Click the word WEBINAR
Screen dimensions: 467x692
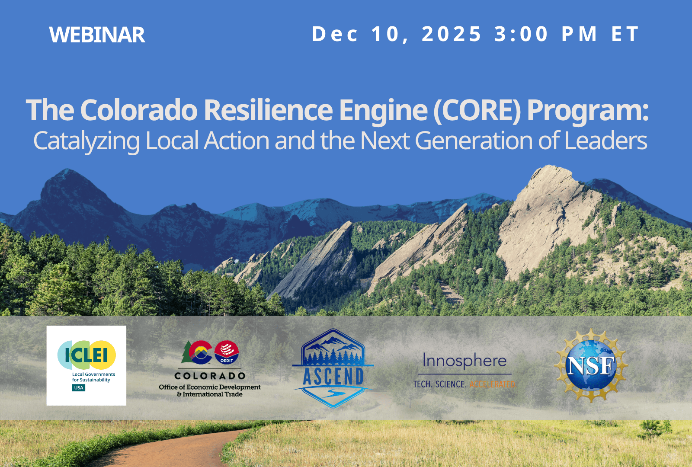[x=97, y=35]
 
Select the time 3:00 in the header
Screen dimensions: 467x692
[x=521, y=34]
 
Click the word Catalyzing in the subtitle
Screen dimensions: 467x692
[x=86, y=141]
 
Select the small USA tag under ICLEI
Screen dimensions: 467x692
[x=79, y=388]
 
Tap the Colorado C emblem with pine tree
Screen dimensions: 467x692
[x=197, y=352]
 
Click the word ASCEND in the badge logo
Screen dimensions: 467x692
[x=333, y=376]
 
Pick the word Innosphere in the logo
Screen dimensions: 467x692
[x=465, y=360]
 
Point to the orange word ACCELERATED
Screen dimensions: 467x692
[x=492, y=384]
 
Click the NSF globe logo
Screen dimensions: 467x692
[x=591, y=366]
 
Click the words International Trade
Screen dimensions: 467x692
[x=212, y=394]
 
